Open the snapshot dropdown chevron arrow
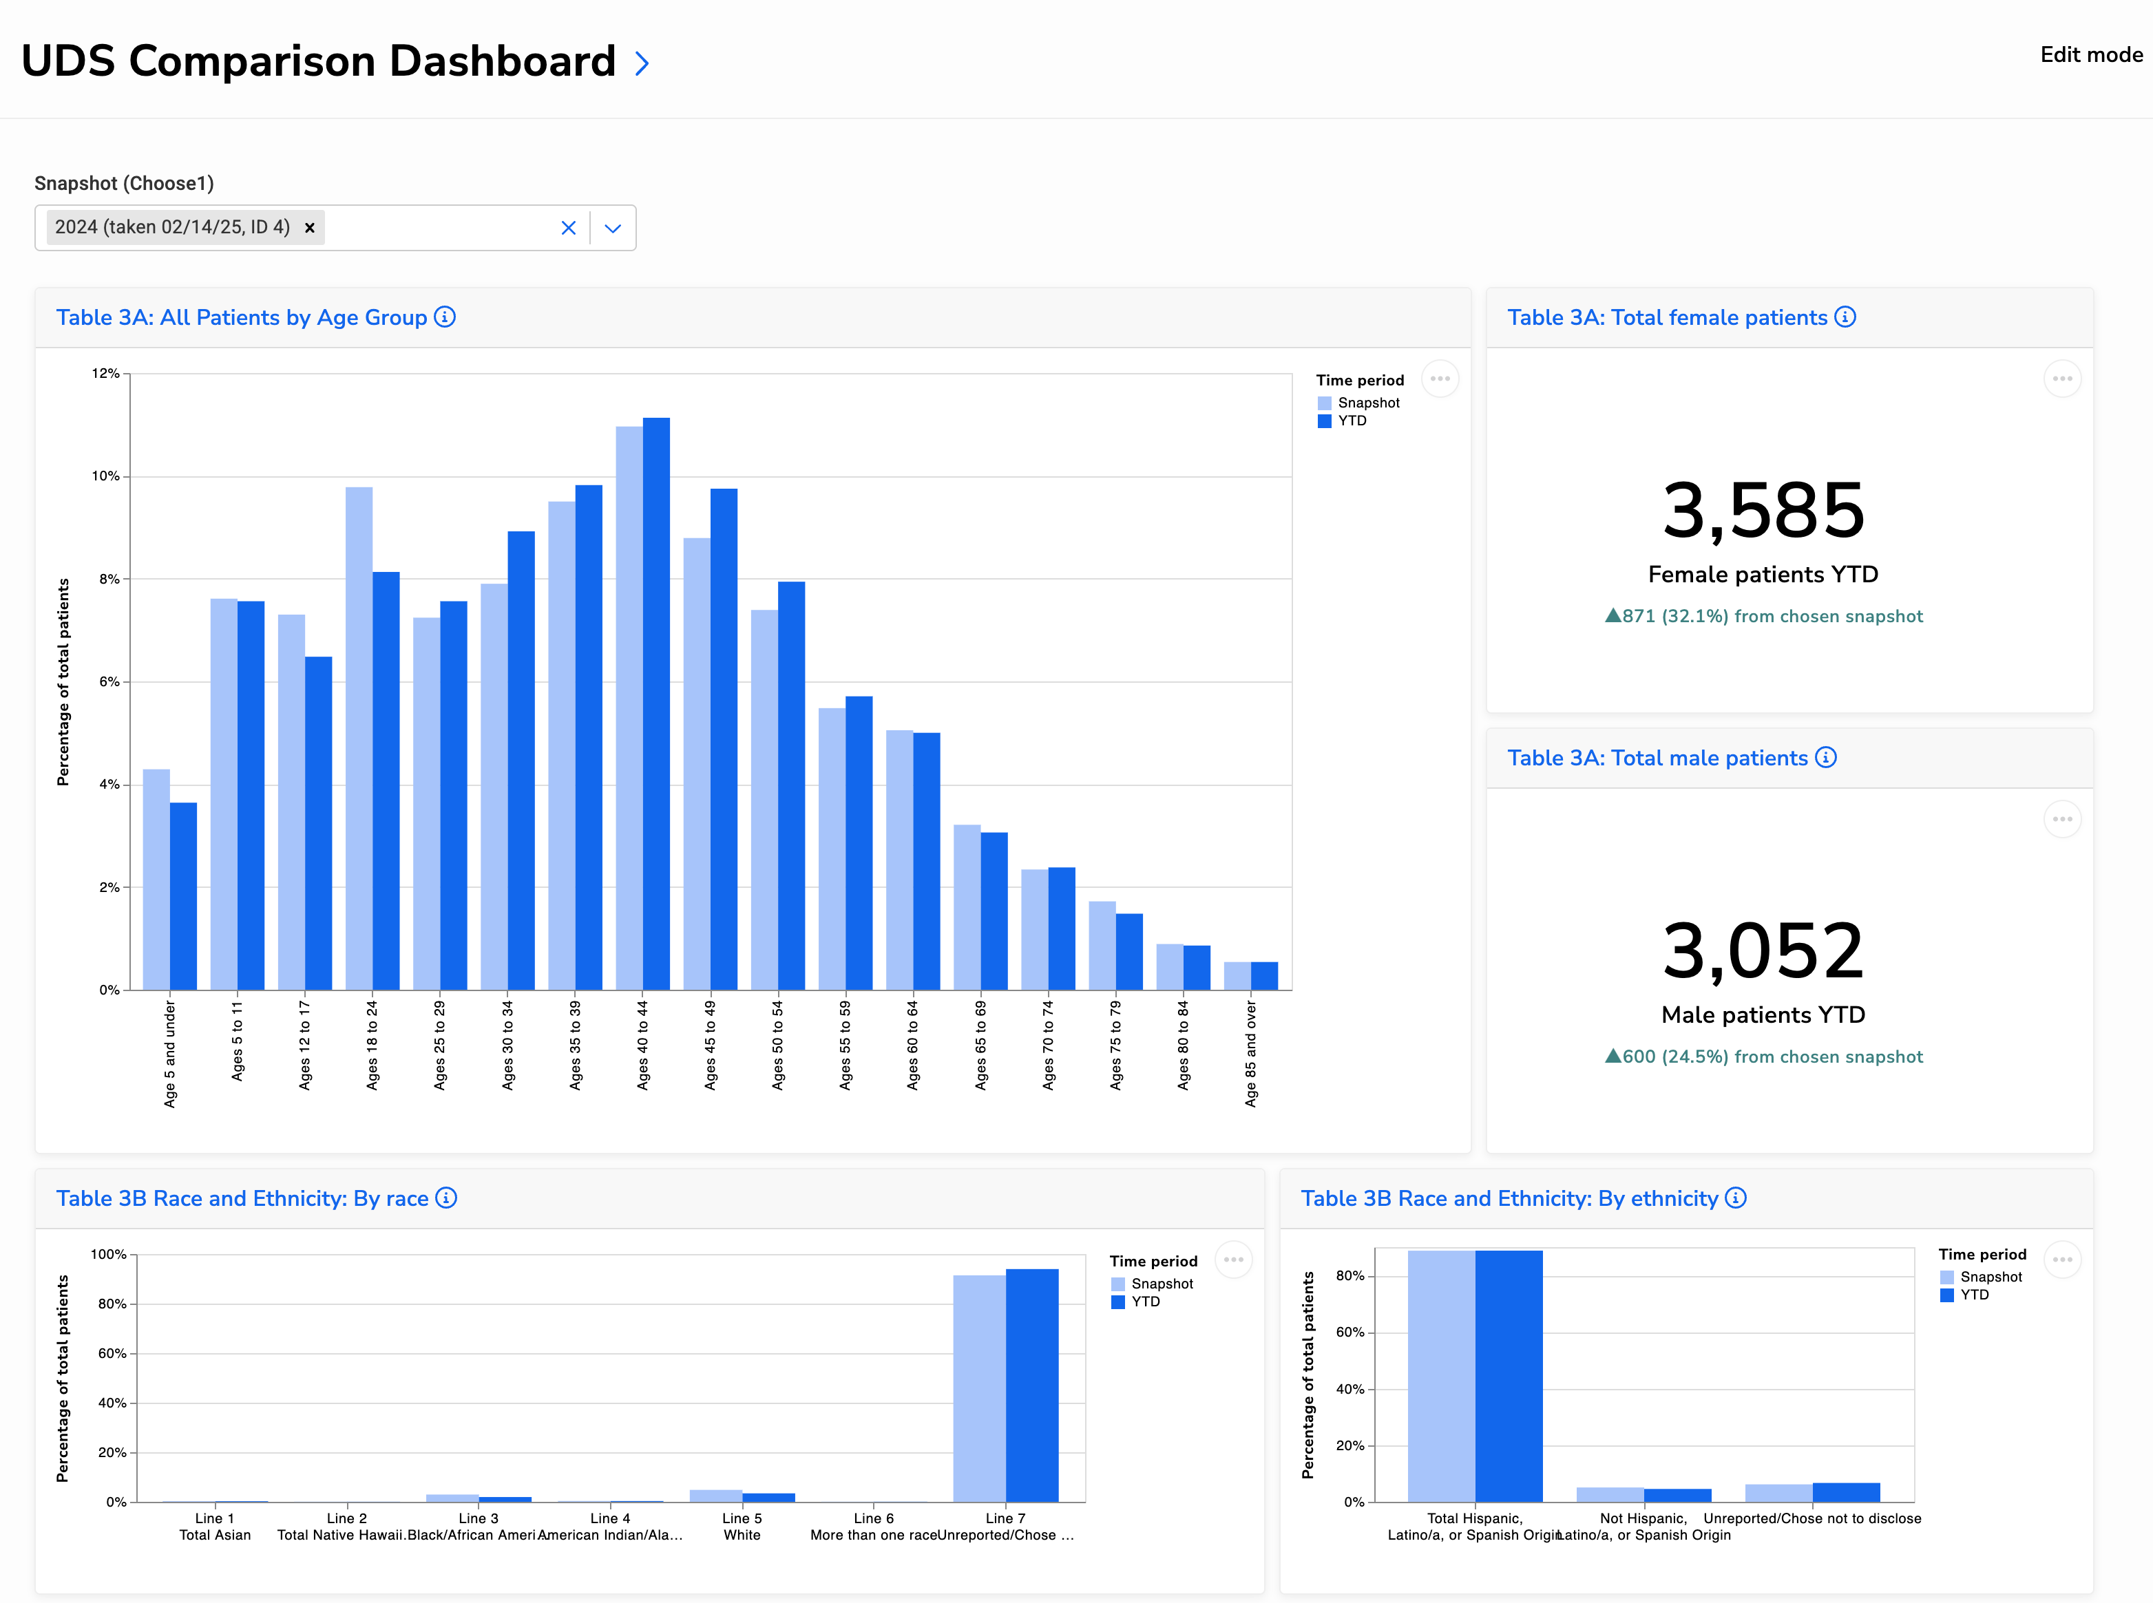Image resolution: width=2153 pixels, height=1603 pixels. click(613, 228)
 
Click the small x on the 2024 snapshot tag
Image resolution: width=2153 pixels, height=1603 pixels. click(310, 228)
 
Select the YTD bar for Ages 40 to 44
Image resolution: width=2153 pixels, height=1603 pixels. click(656, 703)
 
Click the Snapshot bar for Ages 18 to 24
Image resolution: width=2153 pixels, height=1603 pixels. click(359, 737)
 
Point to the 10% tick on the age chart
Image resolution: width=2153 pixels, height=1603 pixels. click(106, 476)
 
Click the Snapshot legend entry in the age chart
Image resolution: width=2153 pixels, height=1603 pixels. click(1367, 403)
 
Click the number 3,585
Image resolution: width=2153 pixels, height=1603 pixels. click(1763, 511)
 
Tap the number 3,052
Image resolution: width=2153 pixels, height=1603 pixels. click(1763, 951)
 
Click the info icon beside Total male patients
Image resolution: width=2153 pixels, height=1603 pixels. click(1826, 758)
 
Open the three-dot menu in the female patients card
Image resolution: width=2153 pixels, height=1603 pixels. click(2061, 379)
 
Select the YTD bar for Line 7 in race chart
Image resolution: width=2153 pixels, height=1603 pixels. click(1032, 1385)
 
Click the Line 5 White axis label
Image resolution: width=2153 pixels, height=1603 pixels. click(742, 1527)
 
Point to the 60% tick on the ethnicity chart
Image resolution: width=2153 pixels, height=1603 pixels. click(1350, 1333)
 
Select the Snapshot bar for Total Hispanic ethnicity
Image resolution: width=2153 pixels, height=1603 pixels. click(1440, 1376)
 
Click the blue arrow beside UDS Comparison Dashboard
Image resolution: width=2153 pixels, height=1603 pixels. click(642, 64)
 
